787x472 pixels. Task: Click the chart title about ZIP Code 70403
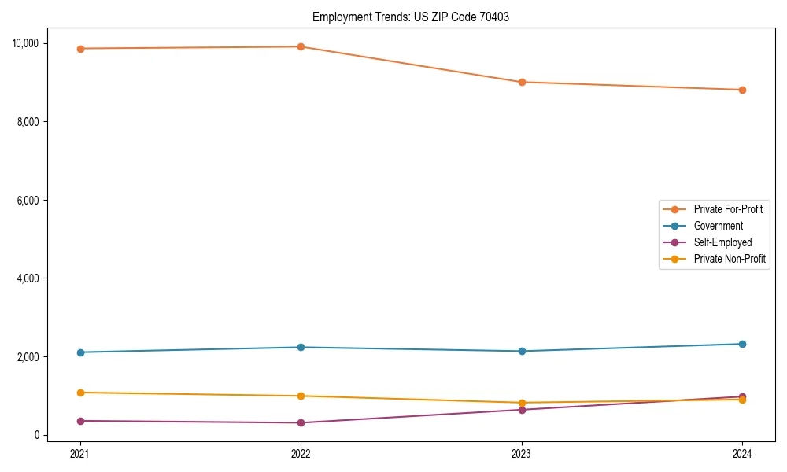pyautogui.click(x=410, y=17)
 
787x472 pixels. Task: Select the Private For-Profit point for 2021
pyautogui.click(x=79, y=49)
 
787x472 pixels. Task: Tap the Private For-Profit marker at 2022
pyautogui.click(x=301, y=46)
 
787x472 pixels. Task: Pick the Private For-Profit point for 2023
pyautogui.click(x=522, y=82)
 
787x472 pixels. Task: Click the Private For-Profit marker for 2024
pyautogui.click(x=742, y=90)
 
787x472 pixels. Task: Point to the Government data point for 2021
pyautogui.click(x=79, y=352)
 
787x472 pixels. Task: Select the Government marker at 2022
pyautogui.click(x=301, y=347)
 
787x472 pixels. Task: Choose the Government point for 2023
pyautogui.click(x=522, y=351)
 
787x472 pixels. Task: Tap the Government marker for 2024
pyautogui.click(x=742, y=344)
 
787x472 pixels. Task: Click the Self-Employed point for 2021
pyautogui.click(x=79, y=421)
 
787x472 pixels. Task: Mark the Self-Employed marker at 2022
pyautogui.click(x=301, y=422)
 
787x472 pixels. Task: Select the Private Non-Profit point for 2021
pyautogui.click(x=79, y=393)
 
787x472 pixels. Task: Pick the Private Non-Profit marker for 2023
pyautogui.click(x=522, y=403)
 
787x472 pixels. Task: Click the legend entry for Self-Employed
pyautogui.click(x=722, y=242)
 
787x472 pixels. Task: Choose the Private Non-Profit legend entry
pyautogui.click(x=730, y=259)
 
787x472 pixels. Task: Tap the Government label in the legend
pyautogui.click(x=718, y=226)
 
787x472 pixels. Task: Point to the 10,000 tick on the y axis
pyautogui.click(x=24, y=43)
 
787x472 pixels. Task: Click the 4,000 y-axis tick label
pyautogui.click(x=27, y=278)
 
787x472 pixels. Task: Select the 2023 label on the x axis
pyautogui.click(x=522, y=453)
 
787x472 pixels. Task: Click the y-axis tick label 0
pyautogui.click(x=36, y=435)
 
